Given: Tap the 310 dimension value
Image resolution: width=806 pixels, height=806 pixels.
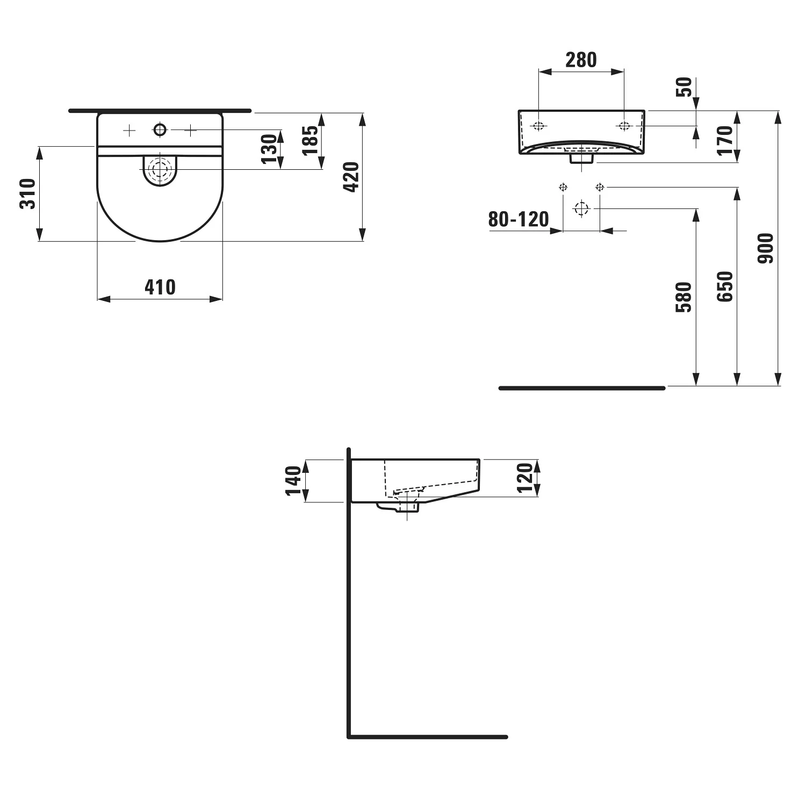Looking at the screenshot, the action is [x=27, y=193].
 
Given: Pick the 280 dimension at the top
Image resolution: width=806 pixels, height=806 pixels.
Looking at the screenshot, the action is [x=581, y=60].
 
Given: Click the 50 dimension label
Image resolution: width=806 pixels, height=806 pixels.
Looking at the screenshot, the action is [x=684, y=87].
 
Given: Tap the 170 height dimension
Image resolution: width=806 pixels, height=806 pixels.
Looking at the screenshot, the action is [x=725, y=140].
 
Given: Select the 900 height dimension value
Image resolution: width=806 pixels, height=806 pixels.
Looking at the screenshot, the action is [x=766, y=248].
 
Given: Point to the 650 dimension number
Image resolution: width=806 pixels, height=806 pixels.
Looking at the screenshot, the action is [x=725, y=286].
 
